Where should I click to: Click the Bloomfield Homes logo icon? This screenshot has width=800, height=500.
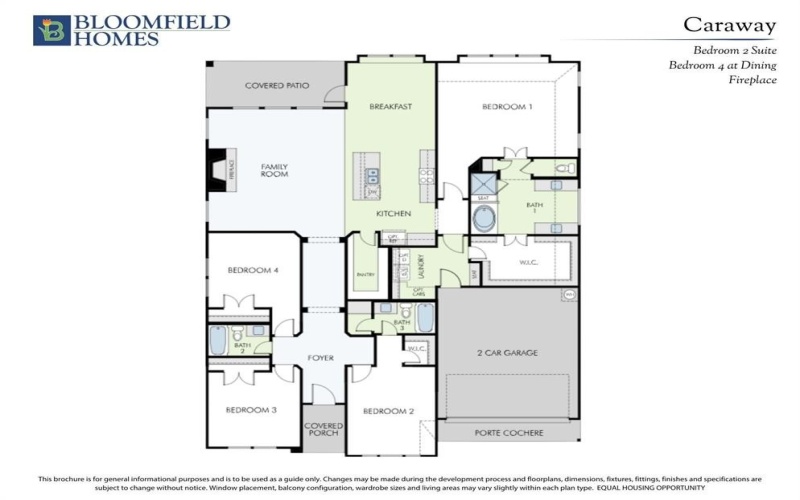(x=52, y=30)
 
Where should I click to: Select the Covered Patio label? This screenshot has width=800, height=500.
(x=276, y=86)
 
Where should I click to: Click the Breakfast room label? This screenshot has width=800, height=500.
(x=391, y=106)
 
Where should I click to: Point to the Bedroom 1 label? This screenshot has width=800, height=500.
(x=507, y=106)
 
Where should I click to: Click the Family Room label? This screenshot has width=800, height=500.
(x=275, y=170)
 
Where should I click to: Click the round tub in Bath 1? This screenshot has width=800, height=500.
(x=484, y=220)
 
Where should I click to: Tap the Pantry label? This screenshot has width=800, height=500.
(x=364, y=273)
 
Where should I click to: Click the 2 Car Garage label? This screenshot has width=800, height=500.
(x=507, y=353)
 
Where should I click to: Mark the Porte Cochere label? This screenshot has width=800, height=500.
(x=507, y=433)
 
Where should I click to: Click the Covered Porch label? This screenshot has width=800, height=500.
(x=322, y=429)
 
